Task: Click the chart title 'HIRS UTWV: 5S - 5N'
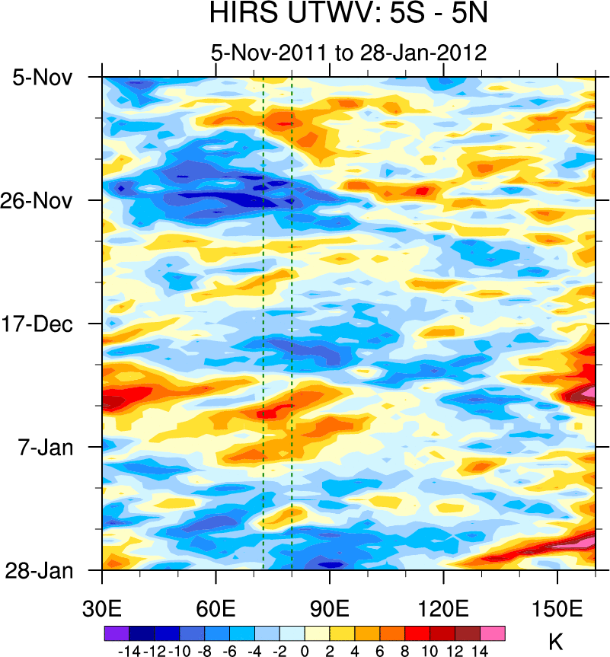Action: (x=348, y=14)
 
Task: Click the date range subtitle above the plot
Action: (x=348, y=53)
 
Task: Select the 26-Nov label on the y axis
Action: (x=43, y=201)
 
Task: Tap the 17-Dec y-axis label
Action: (x=43, y=324)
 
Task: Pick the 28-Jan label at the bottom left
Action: (x=43, y=570)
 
